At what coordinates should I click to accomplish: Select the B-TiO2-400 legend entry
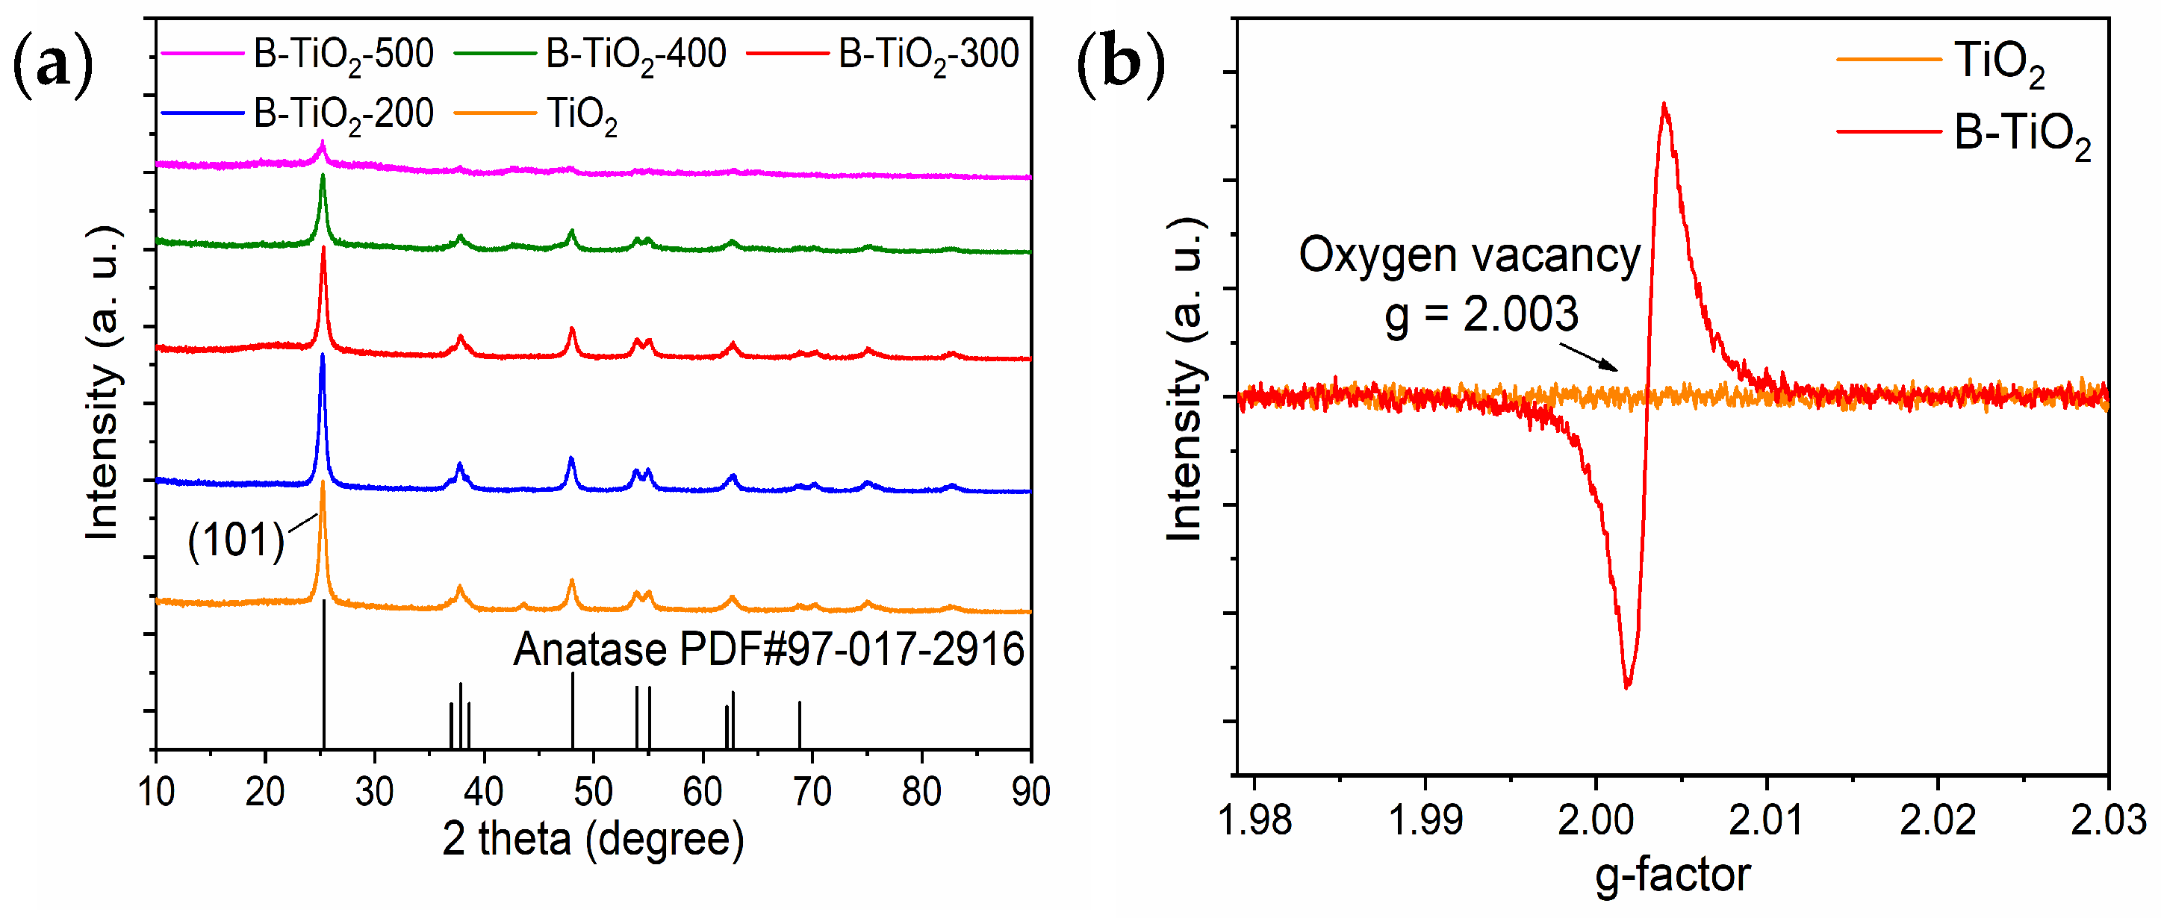click(x=635, y=54)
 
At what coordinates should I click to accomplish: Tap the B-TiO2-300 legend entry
click(x=928, y=54)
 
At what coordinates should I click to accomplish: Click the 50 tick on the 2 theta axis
click(x=592, y=791)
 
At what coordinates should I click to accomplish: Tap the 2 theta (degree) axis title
click(x=592, y=838)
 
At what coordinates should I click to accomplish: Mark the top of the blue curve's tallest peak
click(x=322, y=355)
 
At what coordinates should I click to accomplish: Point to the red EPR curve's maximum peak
click(x=1664, y=104)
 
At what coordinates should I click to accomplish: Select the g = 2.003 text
click(x=1481, y=314)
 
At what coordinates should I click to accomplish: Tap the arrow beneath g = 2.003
click(x=1589, y=355)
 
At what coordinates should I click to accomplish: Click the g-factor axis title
click(x=1672, y=875)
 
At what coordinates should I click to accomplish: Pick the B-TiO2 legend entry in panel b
click(x=2022, y=132)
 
